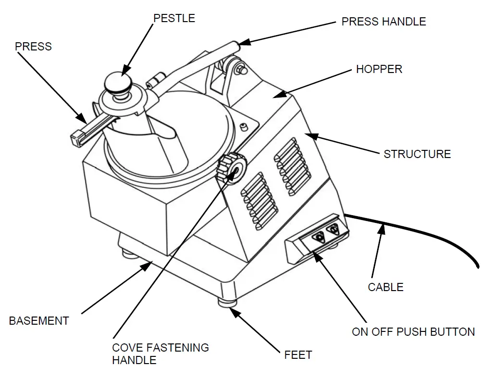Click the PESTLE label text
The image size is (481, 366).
[174, 18]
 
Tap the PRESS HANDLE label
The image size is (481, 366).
[383, 22]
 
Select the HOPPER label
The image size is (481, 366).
[379, 69]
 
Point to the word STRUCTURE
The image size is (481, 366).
[417, 154]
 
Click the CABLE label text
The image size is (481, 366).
[385, 287]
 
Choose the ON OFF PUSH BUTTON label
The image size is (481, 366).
[413, 332]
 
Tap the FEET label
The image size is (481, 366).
[298, 355]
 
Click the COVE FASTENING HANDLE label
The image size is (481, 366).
[160, 353]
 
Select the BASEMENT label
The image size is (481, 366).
[39, 321]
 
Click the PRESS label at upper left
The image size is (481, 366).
[33, 47]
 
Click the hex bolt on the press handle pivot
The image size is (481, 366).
[239, 70]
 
